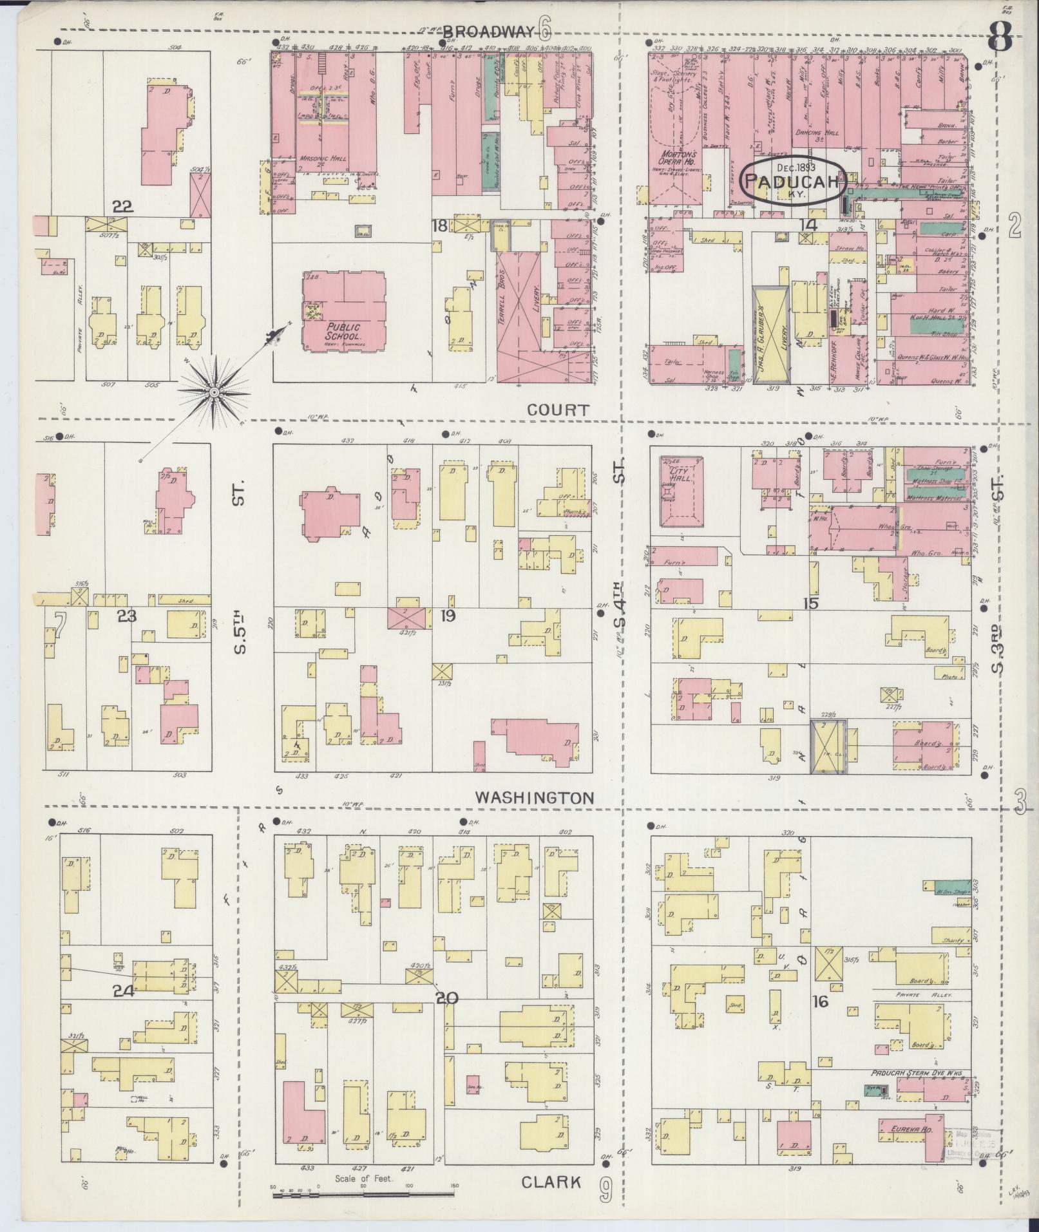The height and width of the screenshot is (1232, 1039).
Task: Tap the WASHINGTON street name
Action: (534, 797)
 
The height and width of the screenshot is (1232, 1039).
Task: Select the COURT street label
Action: (558, 410)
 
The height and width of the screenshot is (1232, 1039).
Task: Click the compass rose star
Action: (213, 392)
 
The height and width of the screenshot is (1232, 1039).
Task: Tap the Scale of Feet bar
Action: (364, 1195)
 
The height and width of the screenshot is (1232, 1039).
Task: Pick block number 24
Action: (123, 991)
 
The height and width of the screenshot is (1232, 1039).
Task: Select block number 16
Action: (820, 1001)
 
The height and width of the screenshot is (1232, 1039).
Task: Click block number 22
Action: (122, 207)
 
